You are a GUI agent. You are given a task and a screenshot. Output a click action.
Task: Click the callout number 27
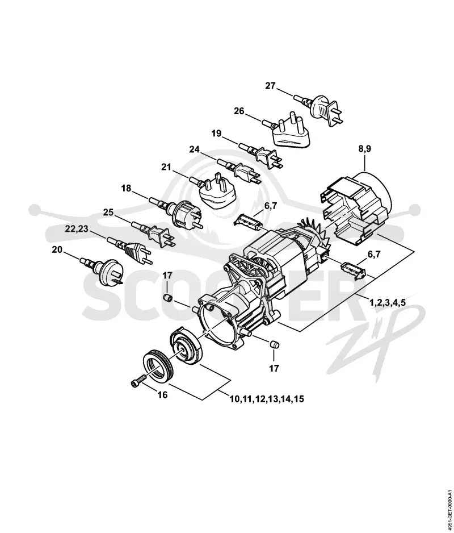(x=270, y=86)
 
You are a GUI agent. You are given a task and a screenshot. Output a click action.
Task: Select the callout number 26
(x=239, y=111)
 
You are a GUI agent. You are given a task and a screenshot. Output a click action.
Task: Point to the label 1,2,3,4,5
(x=388, y=302)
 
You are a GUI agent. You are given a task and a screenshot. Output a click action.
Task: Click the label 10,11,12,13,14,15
(x=267, y=399)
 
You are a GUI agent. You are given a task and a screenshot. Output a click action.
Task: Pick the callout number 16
(x=163, y=395)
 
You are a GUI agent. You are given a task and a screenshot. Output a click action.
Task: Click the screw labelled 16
(x=138, y=380)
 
